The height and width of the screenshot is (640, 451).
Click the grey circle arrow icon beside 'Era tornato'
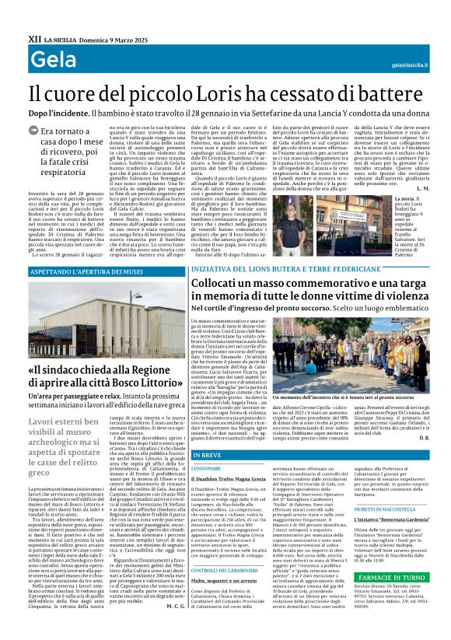coord(33,131)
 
